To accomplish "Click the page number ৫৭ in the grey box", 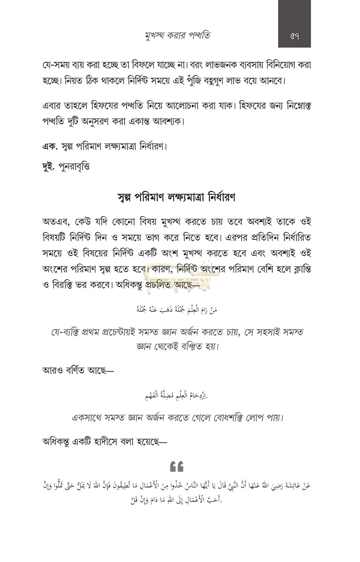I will (294, 36).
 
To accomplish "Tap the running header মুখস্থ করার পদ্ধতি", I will (178, 35).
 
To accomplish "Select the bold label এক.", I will (50, 146).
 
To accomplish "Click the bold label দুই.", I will (48, 166).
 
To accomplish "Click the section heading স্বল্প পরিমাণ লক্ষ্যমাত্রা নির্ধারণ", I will (176, 197).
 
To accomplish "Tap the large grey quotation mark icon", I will (177, 466).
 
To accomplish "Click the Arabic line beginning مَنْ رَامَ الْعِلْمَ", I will (177, 309).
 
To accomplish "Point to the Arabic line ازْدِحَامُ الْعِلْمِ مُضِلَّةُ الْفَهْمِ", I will (176, 396).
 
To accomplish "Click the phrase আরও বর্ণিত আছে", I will (78, 370).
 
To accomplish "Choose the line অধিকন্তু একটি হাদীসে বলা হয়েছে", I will (104, 442).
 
